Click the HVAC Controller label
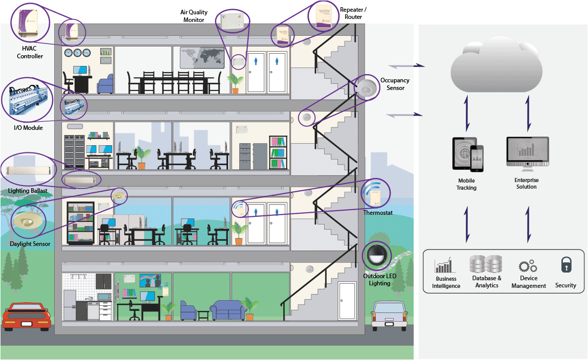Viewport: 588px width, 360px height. pyautogui.click(x=30, y=53)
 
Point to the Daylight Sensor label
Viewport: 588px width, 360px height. pyautogui.click(x=30, y=244)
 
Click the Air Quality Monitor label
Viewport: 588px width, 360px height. pyautogui.click(x=192, y=16)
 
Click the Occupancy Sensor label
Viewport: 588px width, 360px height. pyautogui.click(x=395, y=84)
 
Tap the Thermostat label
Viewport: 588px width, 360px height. pyautogui.click(x=378, y=212)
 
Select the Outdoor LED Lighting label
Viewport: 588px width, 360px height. pyautogui.click(x=379, y=280)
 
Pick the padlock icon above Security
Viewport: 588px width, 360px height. pyautogui.click(x=566, y=265)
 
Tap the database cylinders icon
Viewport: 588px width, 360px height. pyautogui.click(x=486, y=264)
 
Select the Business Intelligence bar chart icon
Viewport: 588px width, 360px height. pyautogui.click(x=443, y=265)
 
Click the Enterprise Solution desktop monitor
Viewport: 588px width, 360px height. pyautogui.click(x=527, y=154)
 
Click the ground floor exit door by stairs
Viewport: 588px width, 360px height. pyautogui.click(x=347, y=302)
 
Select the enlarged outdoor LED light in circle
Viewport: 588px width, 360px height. pyautogui.click(x=376, y=255)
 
